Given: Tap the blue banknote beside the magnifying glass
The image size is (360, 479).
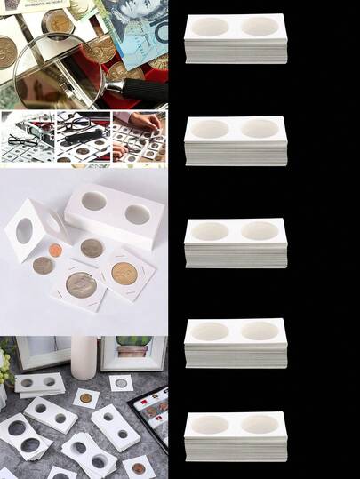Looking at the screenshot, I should point(139,31).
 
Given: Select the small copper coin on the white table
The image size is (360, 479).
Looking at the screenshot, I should point(55,251).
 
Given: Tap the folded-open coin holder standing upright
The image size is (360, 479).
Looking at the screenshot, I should point(31,229).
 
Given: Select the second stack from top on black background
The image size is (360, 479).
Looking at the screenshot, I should point(235,140).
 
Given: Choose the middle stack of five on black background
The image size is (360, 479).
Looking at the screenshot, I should point(235,242).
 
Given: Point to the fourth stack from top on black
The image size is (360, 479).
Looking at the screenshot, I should point(235,342).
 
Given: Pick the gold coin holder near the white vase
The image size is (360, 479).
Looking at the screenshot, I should point(121,383).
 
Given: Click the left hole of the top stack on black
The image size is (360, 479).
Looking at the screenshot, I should point(211,27).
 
